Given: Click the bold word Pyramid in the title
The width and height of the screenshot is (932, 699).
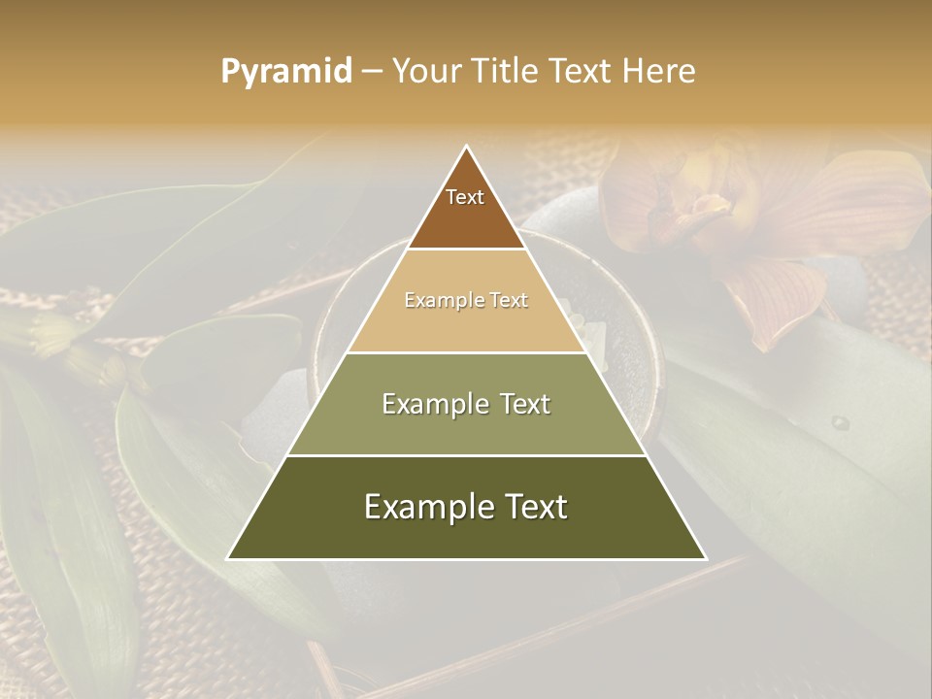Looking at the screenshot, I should [x=286, y=72].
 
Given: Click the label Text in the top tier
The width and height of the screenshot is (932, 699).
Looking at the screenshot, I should [x=465, y=197].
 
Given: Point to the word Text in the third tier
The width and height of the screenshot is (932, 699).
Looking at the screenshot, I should [x=525, y=404].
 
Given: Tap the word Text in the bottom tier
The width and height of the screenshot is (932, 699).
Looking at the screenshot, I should [x=535, y=507].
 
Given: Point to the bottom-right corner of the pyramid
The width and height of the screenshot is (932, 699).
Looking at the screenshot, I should [x=705, y=558].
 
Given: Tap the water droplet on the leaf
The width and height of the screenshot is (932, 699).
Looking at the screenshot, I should [x=841, y=423].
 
